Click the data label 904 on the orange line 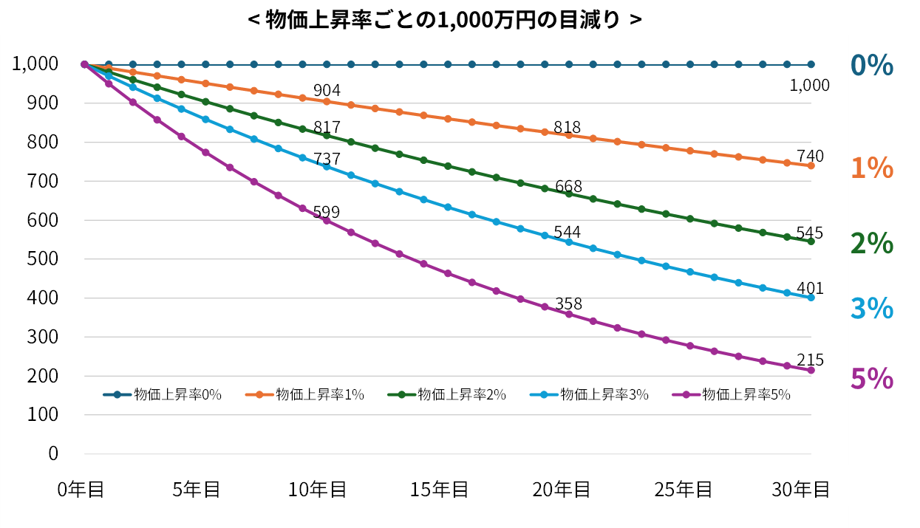point(327,90)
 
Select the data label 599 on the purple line point(326,213)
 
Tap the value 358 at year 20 point(568,304)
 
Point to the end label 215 point(810,360)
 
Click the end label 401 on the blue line point(810,289)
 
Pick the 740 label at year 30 point(810,156)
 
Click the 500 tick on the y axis point(43,259)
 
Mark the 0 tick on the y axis point(52,453)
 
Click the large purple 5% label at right point(872,380)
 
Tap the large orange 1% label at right point(872,169)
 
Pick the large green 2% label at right point(872,243)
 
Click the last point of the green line point(811,241)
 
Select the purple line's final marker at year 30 point(811,370)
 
